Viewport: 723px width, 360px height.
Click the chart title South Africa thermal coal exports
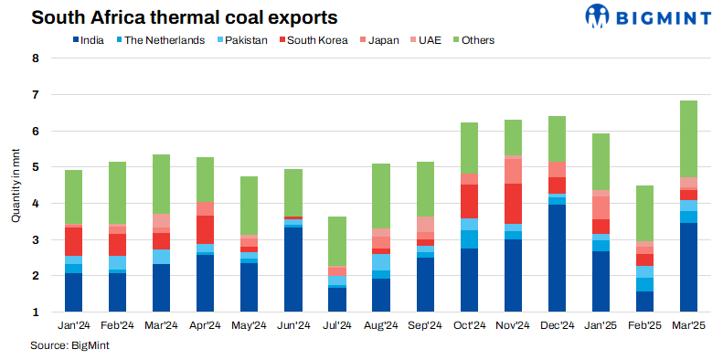[172, 17]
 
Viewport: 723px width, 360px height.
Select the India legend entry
[87, 40]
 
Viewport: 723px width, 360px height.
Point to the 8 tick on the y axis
[36, 59]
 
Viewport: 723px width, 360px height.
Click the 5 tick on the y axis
[36, 168]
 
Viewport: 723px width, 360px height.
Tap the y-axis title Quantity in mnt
[16, 186]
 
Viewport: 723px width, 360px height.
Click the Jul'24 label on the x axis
[337, 326]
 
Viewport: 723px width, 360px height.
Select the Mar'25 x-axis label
[689, 326]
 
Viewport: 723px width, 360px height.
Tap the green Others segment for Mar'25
[689, 138]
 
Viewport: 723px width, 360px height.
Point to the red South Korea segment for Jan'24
[73, 241]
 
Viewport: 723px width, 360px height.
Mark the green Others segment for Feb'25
[645, 213]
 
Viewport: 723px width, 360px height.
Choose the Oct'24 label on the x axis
[470, 326]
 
